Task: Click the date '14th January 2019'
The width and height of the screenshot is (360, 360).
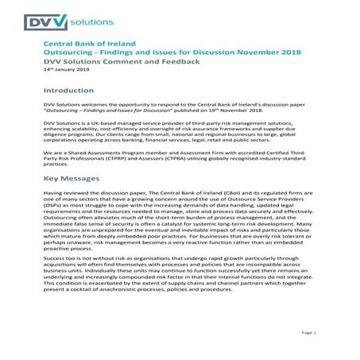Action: [66, 70]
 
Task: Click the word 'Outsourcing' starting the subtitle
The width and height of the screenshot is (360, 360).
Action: [68, 52]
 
